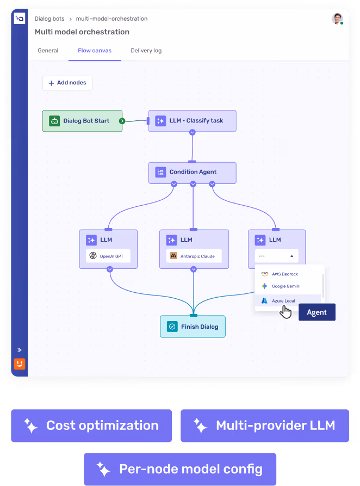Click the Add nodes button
click(67, 83)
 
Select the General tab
click(48, 51)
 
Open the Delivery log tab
click(146, 51)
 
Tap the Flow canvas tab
click(95, 51)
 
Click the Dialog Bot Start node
click(83, 121)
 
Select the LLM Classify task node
click(193, 121)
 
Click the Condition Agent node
click(193, 173)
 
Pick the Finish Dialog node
click(193, 327)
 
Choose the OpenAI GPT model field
click(108, 256)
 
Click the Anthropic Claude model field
click(194, 256)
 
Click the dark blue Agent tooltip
click(317, 312)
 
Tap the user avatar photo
click(337, 19)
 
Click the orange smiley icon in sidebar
click(20, 364)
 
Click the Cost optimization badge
click(91, 426)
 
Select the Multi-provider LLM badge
click(265, 426)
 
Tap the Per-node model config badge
click(180, 469)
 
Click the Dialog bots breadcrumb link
click(49, 19)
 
